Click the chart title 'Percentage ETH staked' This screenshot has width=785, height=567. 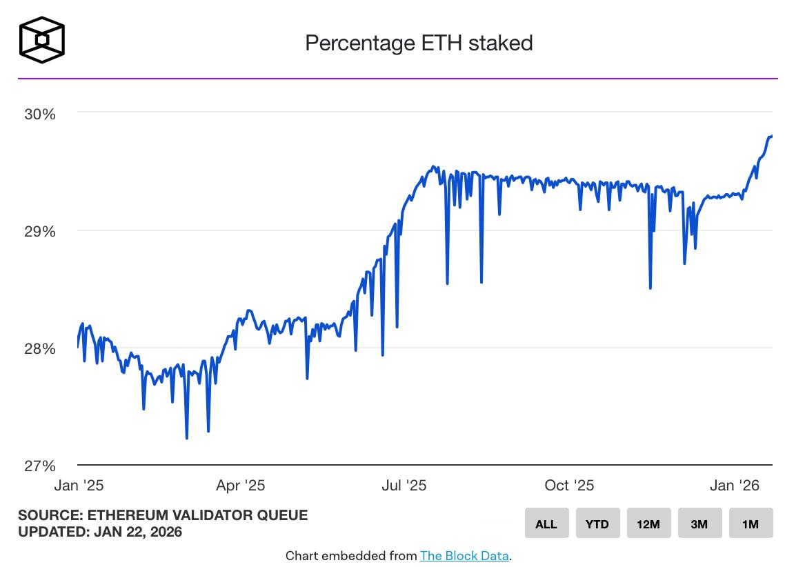click(419, 43)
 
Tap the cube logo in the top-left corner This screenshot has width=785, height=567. click(42, 40)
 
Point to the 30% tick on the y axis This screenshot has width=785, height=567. click(39, 113)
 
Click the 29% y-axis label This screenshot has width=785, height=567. click(39, 231)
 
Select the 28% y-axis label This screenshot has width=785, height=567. click(39, 348)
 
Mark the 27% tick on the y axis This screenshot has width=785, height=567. click(39, 466)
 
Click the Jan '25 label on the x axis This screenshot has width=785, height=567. click(79, 486)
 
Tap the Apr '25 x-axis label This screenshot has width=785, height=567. click(240, 486)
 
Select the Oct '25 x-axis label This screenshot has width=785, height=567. click(569, 486)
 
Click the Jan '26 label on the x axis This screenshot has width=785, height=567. click(734, 486)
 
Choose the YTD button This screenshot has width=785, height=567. click(597, 524)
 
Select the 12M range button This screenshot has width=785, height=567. click(648, 524)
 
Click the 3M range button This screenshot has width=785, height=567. click(699, 524)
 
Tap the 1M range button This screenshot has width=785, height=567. click(750, 524)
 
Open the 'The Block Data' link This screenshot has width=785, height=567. click(464, 555)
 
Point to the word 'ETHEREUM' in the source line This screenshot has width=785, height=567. click(118, 515)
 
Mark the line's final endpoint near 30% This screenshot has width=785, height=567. click(771, 136)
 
